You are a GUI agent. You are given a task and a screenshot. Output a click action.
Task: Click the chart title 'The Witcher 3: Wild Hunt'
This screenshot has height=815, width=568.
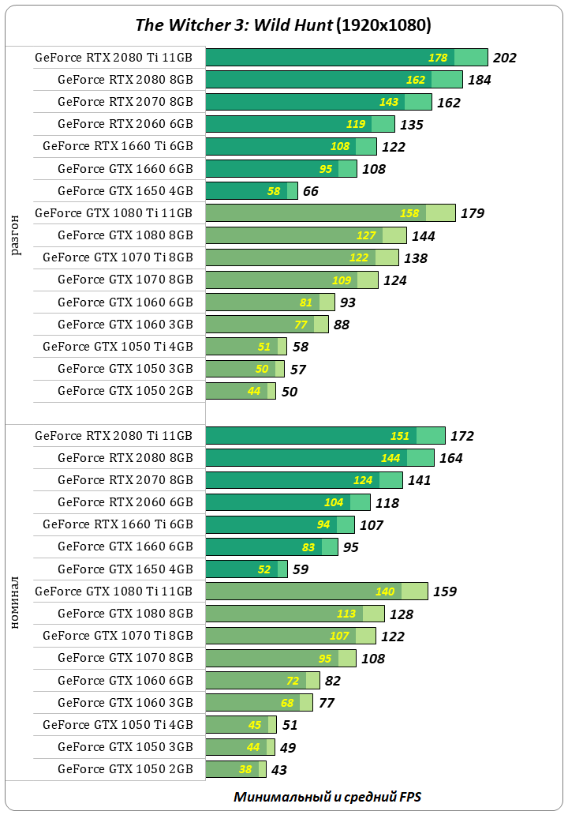[234, 25]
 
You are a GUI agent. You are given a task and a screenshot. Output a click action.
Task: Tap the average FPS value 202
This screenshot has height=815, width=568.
[504, 58]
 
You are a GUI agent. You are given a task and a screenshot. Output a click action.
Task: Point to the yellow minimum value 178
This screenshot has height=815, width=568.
[438, 58]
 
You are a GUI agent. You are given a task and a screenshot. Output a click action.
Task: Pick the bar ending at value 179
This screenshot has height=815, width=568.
[330, 212]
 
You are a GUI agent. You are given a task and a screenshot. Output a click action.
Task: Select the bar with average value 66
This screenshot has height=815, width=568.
[251, 190]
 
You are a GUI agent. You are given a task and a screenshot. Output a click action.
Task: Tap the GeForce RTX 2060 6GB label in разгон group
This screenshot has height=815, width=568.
[125, 124]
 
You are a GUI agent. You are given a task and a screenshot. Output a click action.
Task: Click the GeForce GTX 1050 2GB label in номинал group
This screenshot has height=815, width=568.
[125, 769]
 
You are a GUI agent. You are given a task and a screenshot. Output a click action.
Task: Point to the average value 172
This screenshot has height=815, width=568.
[462, 436]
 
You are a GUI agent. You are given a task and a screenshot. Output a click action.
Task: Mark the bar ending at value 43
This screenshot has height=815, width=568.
[235, 769]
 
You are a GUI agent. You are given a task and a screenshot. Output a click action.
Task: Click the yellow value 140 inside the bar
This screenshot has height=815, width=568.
[385, 592]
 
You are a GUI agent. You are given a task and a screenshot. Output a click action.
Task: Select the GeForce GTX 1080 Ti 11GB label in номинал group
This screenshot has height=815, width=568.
[114, 592]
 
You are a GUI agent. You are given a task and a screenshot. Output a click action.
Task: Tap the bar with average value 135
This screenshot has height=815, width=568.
[299, 124]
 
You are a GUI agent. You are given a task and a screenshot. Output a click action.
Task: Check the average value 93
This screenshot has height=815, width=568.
[348, 302]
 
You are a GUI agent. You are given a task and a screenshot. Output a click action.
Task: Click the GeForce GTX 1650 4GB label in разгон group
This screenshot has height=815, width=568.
[125, 190]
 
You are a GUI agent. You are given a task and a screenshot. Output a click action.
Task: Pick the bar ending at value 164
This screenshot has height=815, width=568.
[319, 458]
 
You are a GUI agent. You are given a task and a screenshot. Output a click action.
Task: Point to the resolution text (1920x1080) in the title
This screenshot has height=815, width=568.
[383, 25]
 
